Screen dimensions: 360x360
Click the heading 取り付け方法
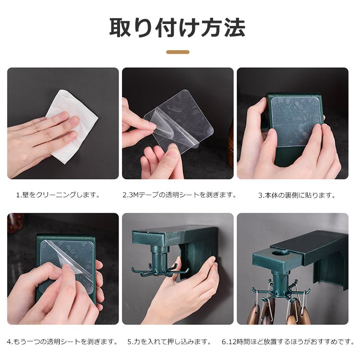(177, 27)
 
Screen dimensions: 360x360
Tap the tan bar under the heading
(178, 52)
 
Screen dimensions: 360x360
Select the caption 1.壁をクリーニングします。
(58, 195)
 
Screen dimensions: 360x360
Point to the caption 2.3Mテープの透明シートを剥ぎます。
(180, 195)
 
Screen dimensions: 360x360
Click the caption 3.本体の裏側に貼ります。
(297, 195)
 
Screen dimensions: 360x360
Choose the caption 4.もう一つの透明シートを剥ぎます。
(62, 342)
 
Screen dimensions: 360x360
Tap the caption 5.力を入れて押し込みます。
(169, 342)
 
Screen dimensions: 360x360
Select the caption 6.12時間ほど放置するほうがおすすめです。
(288, 342)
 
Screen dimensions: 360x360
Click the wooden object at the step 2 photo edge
(230, 144)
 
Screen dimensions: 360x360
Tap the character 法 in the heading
(235, 27)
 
